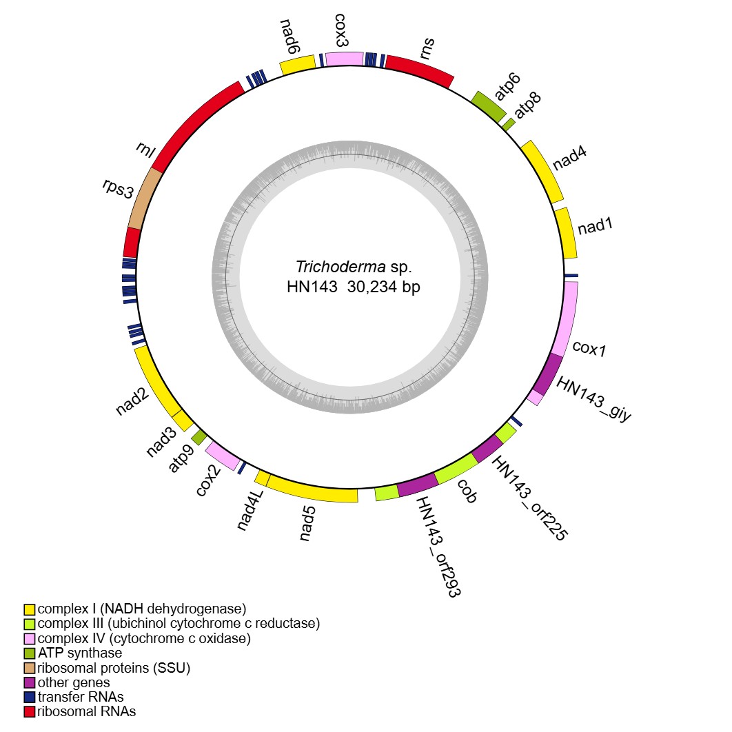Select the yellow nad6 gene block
click(296, 64)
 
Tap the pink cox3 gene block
click(344, 59)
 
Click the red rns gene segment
click(418, 70)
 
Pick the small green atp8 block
click(509, 123)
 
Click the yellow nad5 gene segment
click(312, 489)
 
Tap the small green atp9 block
click(199, 436)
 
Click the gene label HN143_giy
click(593, 400)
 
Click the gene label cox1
click(589, 349)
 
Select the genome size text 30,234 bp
click(383, 287)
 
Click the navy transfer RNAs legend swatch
click(30, 697)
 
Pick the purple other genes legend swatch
click(30, 682)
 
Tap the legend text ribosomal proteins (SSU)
click(114, 667)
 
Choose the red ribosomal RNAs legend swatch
click(30, 711)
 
